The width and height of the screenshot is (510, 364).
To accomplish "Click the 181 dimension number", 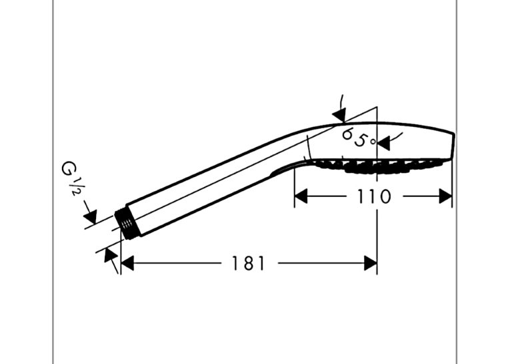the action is tap(248, 263).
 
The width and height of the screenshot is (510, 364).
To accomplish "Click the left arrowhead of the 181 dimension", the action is tap(127, 263).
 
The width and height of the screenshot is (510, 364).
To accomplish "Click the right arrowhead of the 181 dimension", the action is tap(371, 263).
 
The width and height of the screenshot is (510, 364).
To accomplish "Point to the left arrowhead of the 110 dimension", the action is tap(301, 196).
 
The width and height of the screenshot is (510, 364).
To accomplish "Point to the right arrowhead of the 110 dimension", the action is tap(445, 196).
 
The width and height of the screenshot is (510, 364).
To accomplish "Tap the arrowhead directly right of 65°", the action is tap(383, 143).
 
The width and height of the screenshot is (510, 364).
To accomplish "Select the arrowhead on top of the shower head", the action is tap(339, 115).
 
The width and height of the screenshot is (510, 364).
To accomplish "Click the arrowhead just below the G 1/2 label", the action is tap(91, 216).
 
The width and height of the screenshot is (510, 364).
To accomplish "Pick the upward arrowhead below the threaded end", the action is tap(109, 255).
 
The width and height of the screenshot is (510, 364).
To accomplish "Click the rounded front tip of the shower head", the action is tap(453, 146).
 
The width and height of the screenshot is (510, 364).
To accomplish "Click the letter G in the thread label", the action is tap(68, 169).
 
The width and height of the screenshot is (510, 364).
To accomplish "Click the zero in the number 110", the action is tap(385, 196).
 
